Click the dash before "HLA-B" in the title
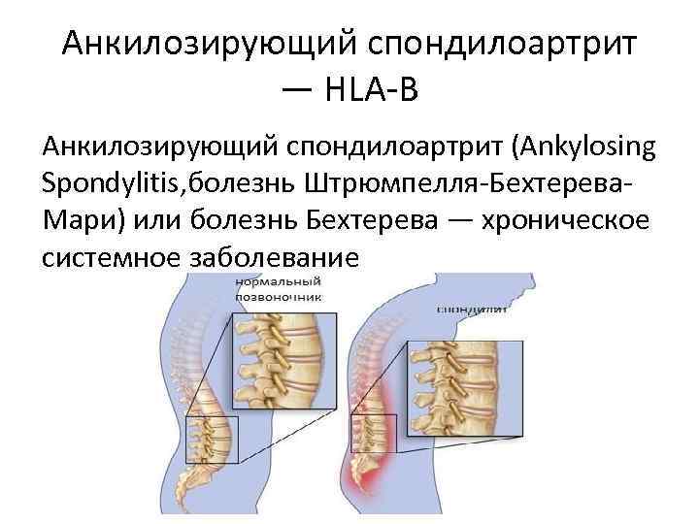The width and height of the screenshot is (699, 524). coord(298,93)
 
